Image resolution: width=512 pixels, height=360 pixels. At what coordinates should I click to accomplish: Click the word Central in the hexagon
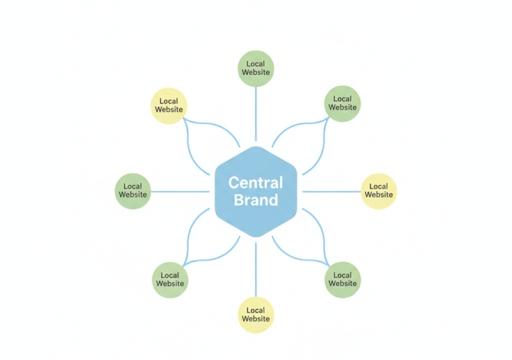[255, 183]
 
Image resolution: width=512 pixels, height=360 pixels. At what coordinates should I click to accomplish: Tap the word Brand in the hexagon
[255, 200]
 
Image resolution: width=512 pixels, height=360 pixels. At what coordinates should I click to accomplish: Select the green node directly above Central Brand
[256, 68]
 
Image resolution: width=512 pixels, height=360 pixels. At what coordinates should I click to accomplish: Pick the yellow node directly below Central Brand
[256, 315]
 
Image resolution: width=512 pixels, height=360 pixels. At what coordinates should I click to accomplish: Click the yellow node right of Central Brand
[379, 191]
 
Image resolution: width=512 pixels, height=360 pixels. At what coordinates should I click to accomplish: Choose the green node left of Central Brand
[132, 191]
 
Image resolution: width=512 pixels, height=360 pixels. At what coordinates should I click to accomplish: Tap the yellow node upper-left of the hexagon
[169, 106]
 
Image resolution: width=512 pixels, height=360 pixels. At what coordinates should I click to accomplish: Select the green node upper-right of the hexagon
[342, 103]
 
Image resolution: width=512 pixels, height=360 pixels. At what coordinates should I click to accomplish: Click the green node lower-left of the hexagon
[170, 279]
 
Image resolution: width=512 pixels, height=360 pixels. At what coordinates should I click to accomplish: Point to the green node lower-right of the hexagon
[342, 279]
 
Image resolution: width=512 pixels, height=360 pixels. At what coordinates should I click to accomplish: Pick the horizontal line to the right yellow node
[330, 191]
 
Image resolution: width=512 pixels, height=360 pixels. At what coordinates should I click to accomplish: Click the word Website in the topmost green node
[256, 72]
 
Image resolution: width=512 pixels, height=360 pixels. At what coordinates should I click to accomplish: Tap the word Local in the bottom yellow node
[256, 310]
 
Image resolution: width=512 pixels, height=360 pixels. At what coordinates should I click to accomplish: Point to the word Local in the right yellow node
[379, 187]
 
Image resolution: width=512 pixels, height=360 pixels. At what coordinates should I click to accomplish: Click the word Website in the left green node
[132, 195]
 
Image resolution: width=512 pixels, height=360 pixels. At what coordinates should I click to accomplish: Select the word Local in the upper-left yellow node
[169, 101]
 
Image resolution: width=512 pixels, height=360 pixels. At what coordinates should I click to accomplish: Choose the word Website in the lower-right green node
[342, 283]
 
